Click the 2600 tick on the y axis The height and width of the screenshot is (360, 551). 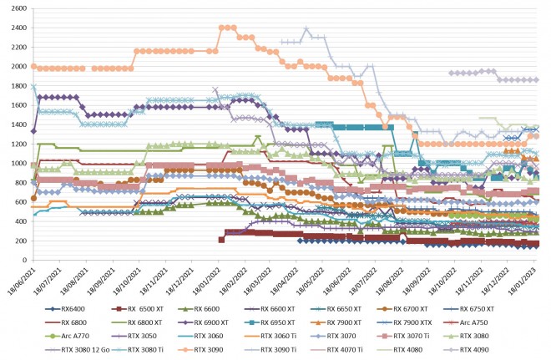(x=14, y=8)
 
